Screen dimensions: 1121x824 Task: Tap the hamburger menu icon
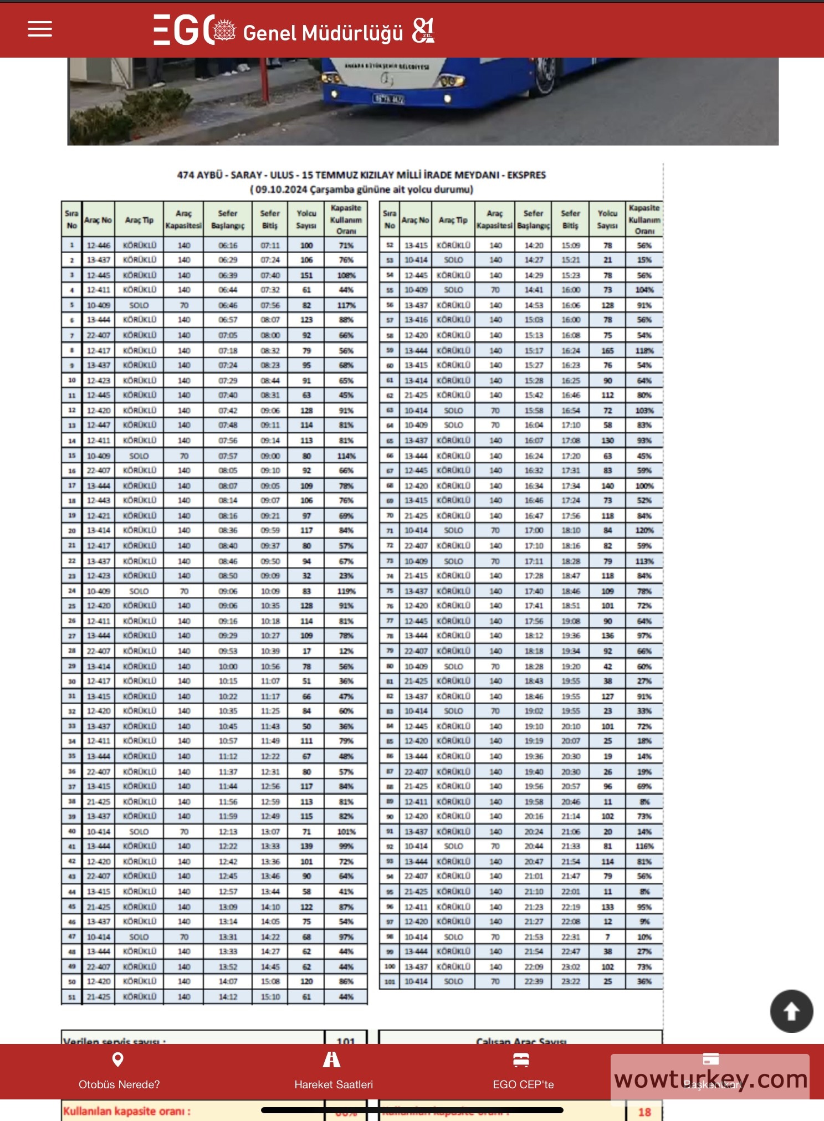click(40, 29)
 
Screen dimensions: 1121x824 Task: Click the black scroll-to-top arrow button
click(791, 1011)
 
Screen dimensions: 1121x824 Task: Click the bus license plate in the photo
click(388, 99)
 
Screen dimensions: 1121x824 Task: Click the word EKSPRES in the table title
click(526, 175)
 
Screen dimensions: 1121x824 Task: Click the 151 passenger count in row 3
click(306, 275)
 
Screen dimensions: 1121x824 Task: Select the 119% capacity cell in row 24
click(346, 591)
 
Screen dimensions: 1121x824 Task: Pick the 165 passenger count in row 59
click(607, 351)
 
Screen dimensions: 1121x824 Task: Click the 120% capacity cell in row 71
click(644, 530)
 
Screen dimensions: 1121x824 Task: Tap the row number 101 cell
click(390, 981)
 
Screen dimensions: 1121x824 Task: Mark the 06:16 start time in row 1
click(228, 245)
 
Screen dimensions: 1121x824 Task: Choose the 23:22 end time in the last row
click(570, 981)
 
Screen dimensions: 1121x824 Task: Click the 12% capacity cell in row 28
click(346, 651)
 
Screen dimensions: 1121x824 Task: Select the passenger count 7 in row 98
click(607, 937)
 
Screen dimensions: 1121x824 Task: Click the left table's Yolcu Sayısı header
click(306, 219)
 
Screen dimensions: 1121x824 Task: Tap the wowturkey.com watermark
click(710, 1079)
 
